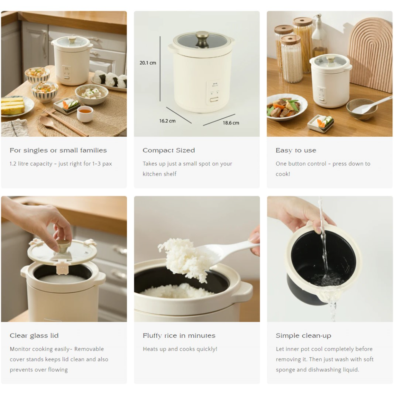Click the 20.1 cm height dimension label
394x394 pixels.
pyautogui.click(x=148, y=63)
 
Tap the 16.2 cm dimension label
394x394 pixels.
pyautogui.click(x=167, y=121)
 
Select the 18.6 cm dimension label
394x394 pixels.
pyautogui.click(x=231, y=123)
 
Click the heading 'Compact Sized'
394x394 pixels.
pyautogui.click(x=169, y=150)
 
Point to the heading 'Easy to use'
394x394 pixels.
pyautogui.click(x=295, y=150)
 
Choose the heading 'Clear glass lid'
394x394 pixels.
pyautogui.click(x=34, y=336)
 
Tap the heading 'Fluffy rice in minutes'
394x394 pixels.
pyautogui.click(x=179, y=336)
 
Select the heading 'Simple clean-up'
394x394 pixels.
pyautogui.click(x=303, y=336)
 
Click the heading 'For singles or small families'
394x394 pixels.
pyautogui.click(x=58, y=150)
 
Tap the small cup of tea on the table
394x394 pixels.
pyautogui.click(x=85, y=113)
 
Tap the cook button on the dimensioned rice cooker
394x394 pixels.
pyautogui.click(x=213, y=101)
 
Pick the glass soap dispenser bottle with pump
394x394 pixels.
pyautogui.click(x=319, y=37)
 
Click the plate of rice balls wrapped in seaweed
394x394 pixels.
pyautogui.click(x=111, y=81)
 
